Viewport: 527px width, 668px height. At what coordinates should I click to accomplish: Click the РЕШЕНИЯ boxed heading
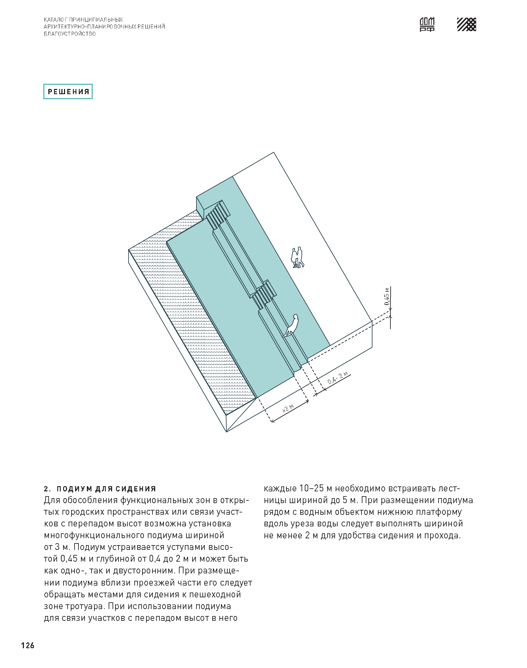pos(68,92)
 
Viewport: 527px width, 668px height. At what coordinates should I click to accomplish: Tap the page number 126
pos(28,645)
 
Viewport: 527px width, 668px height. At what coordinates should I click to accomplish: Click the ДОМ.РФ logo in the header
pos(427,24)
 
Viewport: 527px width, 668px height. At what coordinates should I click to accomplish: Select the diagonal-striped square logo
pos(466,24)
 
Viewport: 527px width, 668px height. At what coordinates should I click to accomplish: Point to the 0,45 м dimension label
pos(387,296)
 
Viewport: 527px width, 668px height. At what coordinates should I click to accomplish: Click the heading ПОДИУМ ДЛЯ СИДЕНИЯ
pos(106,489)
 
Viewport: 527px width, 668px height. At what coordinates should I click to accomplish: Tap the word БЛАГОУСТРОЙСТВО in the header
pos(70,34)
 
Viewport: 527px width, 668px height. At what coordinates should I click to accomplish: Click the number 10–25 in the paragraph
pos(312,489)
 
